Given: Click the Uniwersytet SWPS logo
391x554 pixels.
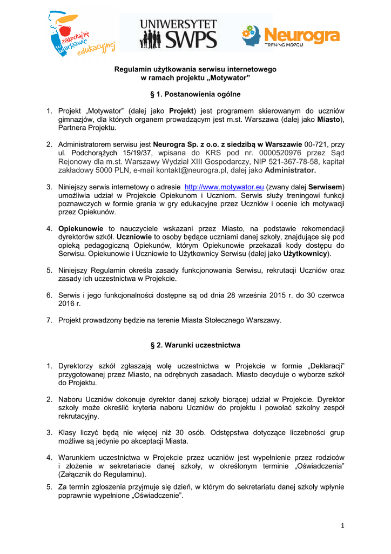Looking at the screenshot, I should [178, 34].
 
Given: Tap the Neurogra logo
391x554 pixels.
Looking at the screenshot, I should [291, 36].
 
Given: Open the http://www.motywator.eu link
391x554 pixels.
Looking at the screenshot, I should [224, 187].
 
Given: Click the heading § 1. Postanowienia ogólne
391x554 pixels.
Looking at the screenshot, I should [195, 94].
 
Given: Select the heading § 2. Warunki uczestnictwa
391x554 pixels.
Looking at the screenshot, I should [195, 345].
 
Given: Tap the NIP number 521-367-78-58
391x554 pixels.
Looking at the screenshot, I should [294, 161].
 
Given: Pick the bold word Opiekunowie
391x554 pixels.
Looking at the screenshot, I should [82, 228].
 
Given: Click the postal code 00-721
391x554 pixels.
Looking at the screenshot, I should [317, 144].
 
